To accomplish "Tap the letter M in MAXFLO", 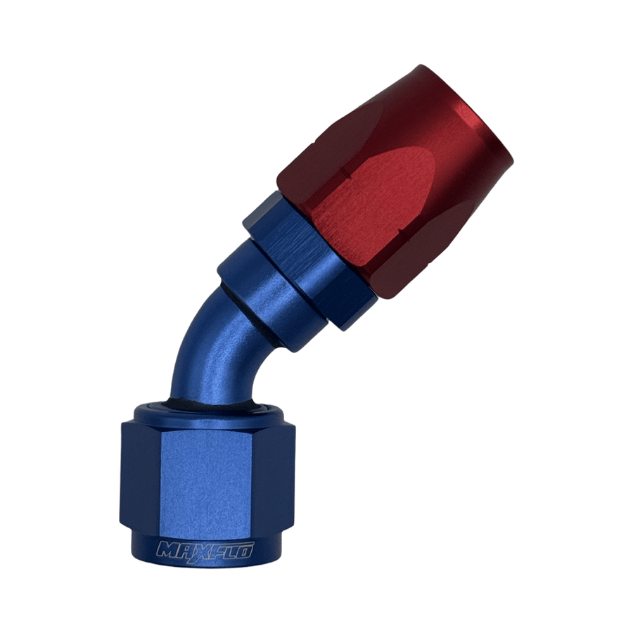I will (169, 549).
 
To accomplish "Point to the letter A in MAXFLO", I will (184, 549).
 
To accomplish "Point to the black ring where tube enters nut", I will (211, 408).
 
